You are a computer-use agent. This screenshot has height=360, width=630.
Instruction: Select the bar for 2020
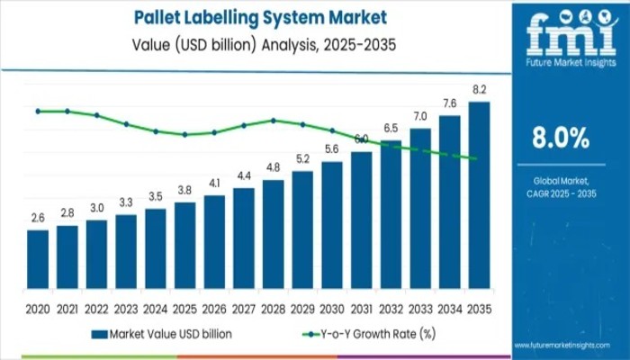pyautogui.click(x=38, y=256)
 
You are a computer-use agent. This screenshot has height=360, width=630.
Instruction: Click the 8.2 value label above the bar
pyautogui.click(x=479, y=91)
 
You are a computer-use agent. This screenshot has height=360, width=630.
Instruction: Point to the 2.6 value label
pyautogui.click(x=38, y=218)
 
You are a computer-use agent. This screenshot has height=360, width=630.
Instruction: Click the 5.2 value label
pyautogui.click(x=302, y=159)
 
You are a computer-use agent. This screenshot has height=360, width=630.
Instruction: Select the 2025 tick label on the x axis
pyautogui.click(x=184, y=309)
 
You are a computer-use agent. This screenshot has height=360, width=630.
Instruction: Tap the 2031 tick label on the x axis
pyautogui.click(x=362, y=309)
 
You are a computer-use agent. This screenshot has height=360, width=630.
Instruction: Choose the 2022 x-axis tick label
pyautogui.click(x=96, y=309)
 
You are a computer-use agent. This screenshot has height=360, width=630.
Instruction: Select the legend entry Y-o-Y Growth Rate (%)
pyautogui.click(x=368, y=334)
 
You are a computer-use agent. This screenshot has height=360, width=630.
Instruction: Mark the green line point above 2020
pyautogui.click(x=38, y=111)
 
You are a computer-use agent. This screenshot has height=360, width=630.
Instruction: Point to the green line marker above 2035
pyautogui.click(x=474, y=159)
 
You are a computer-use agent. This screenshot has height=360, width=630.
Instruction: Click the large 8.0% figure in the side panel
pyautogui.click(x=560, y=138)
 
